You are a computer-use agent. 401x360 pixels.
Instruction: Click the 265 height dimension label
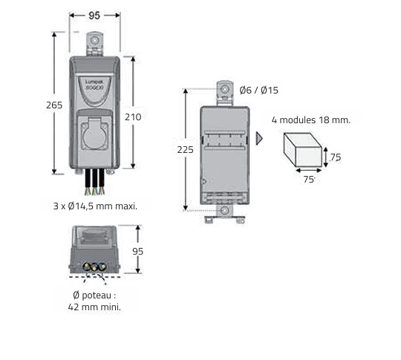[x=54, y=105]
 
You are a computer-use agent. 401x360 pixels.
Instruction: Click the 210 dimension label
[x=133, y=117]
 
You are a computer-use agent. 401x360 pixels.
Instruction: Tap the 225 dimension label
[x=185, y=150]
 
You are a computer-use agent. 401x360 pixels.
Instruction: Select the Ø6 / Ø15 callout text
[x=259, y=90]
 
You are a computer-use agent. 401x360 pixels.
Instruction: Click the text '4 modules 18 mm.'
[x=311, y=120]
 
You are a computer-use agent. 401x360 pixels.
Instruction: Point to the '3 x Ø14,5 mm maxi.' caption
[x=95, y=206]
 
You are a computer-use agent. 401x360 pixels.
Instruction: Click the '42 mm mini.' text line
[x=94, y=307]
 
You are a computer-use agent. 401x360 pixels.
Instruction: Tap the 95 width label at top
[x=94, y=16]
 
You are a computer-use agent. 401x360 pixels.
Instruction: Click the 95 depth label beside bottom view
[x=137, y=252]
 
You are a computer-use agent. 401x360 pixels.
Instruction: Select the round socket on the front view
[x=94, y=137]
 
